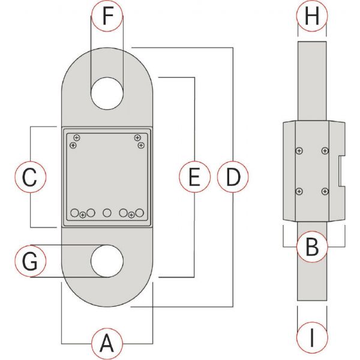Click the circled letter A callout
coord(107,344)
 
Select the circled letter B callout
coord(312,246)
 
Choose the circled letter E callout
coord(194,177)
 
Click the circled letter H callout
coord(312,17)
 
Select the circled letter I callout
coord(312,339)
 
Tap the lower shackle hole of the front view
coord(107,262)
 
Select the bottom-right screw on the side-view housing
coord(325,191)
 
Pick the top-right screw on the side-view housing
coord(325,151)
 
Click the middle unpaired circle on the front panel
coord(107,212)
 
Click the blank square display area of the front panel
coord(107,171)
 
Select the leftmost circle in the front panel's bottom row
coord(74,213)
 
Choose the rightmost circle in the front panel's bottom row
coord(139,212)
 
